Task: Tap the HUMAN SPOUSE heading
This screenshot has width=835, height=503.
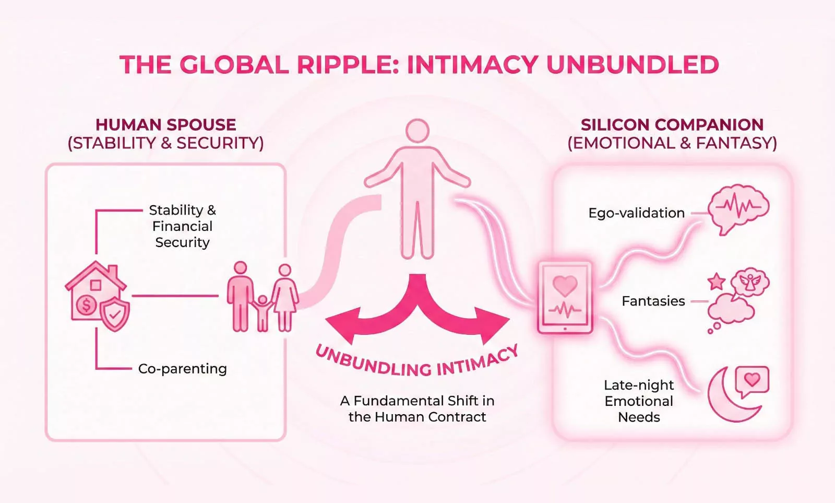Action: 166,125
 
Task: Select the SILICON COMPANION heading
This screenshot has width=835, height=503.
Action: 672,125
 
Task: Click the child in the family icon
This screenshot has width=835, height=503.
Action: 263,313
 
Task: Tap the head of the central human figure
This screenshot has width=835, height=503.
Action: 417,131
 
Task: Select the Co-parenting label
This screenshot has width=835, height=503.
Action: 183,369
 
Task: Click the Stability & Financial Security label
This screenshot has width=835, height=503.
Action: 183,226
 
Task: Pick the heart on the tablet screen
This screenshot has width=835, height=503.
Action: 565,286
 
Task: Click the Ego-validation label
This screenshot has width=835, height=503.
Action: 637,213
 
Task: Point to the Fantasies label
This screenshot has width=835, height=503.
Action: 653,301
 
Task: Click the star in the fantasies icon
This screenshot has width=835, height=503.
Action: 717,282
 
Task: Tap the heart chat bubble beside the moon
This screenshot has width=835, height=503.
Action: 752,381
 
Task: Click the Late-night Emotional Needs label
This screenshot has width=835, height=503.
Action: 639,401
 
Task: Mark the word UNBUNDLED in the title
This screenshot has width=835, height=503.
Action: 633,65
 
